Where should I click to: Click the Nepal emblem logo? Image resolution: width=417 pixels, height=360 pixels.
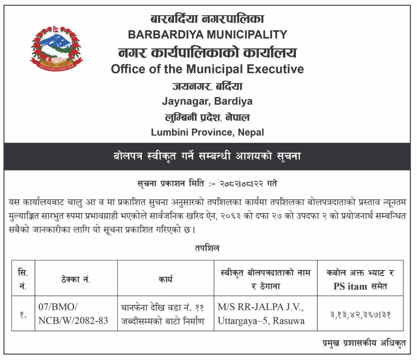[x=57, y=47]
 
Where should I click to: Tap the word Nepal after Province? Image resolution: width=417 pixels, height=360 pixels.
[x=251, y=133]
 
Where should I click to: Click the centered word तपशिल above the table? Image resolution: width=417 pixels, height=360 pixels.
[x=207, y=248]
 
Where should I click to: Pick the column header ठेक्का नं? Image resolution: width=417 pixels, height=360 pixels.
[x=76, y=280]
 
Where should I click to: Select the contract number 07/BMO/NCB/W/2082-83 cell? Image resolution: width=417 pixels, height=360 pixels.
[x=73, y=314]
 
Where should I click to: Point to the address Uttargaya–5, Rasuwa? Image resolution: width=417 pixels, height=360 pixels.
[x=261, y=321]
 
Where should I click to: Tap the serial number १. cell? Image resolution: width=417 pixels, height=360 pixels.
[x=23, y=315]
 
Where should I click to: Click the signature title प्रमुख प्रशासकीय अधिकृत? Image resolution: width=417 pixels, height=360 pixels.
[x=364, y=343]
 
